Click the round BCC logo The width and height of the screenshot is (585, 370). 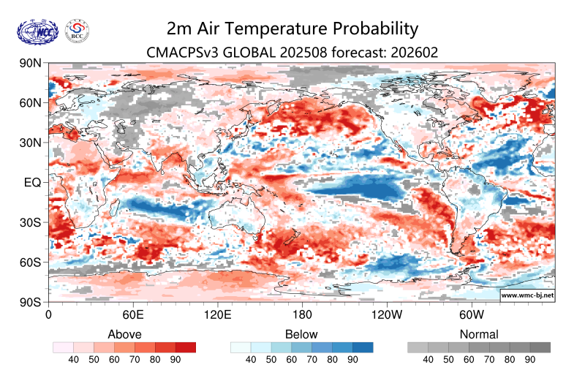pyautogui.click(x=78, y=30)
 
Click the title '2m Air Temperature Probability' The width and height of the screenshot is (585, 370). pyautogui.click(x=292, y=29)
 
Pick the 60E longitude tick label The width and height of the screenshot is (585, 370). pyautogui.click(x=132, y=315)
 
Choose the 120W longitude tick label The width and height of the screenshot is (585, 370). pyautogui.click(x=387, y=315)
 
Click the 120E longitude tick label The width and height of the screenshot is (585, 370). pyautogui.click(x=217, y=315)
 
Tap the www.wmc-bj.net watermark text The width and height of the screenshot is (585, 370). pyautogui.click(x=526, y=295)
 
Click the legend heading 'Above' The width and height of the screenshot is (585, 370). pyautogui.click(x=124, y=334)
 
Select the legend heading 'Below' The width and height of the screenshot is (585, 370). pyautogui.click(x=302, y=334)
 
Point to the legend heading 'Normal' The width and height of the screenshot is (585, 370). pyautogui.click(x=479, y=334)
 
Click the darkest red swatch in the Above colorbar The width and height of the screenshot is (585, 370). pyautogui.click(x=186, y=347)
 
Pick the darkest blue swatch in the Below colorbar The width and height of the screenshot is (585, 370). pyautogui.click(x=363, y=347)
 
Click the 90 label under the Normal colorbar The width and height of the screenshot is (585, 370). pyautogui.click(x=530, y=360)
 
